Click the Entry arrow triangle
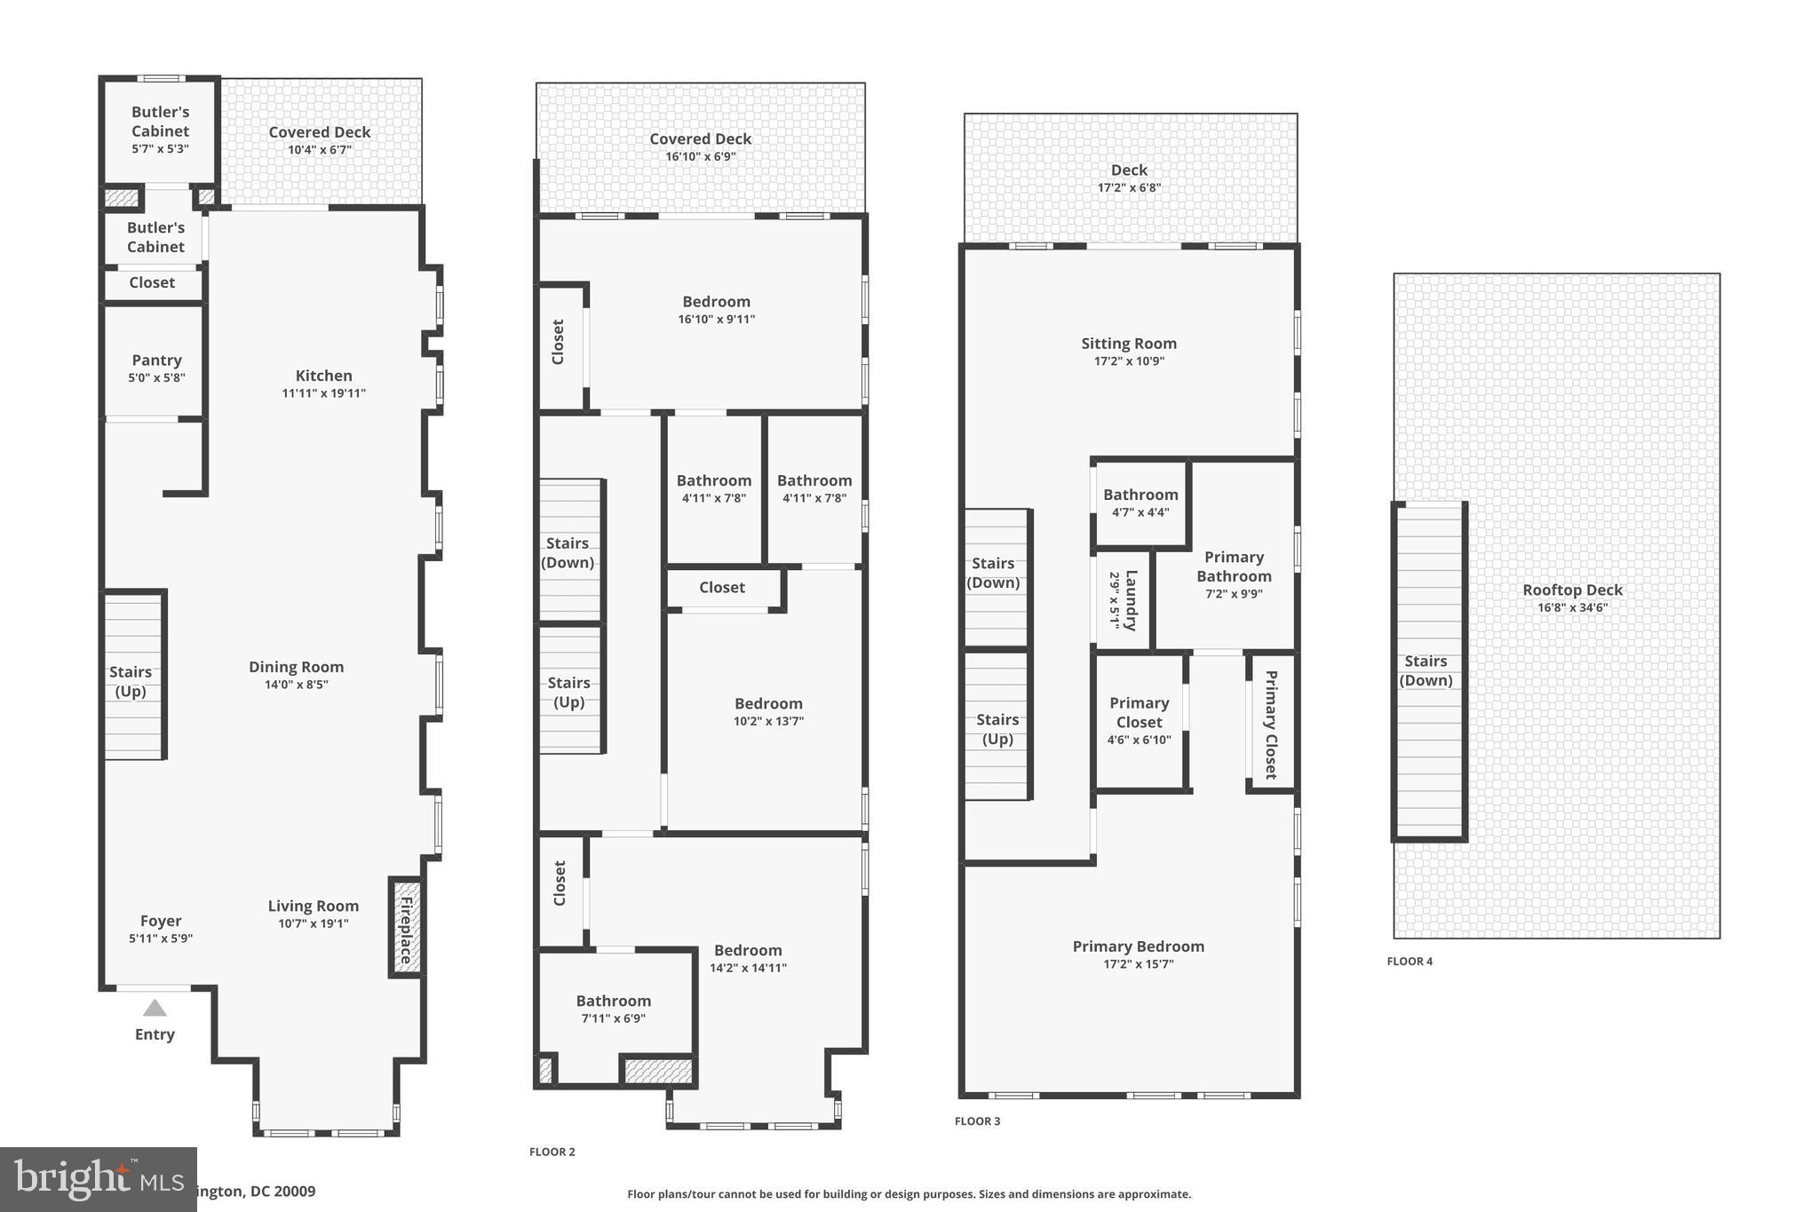(x=155, y=1008)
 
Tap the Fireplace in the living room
(x=406, y=928)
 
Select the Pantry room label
(x=156, y=360)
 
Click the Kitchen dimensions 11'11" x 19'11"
(x=323, y=393)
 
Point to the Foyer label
(x=161, y=921)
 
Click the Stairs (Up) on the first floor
(x=131, y=681)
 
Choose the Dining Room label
(x=296, y=667)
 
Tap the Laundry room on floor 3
(x=1123, y=600)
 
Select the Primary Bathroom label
(x=1234, y=566)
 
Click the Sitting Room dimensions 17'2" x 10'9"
(x=1129, y=361)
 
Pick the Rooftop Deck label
(x=1572, y=590)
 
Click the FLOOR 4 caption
(x=1410, y=961)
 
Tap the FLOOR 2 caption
(x=552, y=1152)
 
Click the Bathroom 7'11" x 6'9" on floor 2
(x=613, y=1009)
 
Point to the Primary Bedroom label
(x=1138, y=947)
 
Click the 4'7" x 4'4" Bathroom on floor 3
(x=1140, y=503)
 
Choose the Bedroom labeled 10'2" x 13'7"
(x=768, y=711)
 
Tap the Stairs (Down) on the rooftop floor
(x=1426, y=670)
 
